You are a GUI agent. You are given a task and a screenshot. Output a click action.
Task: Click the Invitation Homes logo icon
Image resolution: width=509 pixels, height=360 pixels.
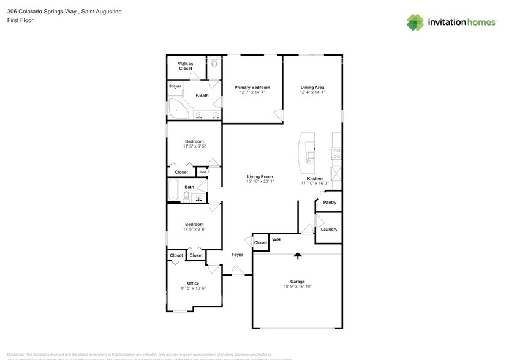tap(415, 22)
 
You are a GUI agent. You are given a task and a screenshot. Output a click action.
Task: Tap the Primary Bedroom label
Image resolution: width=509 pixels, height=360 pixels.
tap(252, 88)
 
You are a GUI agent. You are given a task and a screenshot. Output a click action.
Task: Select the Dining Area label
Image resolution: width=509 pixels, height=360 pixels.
tap(312, 88)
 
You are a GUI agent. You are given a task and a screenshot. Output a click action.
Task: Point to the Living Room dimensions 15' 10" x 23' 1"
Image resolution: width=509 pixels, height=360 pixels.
tap(260, 181)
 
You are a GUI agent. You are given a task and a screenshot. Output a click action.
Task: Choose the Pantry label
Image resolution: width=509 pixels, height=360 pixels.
tap(330, 203)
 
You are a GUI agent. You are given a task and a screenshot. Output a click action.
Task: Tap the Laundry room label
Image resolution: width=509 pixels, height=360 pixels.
tap(329, 230)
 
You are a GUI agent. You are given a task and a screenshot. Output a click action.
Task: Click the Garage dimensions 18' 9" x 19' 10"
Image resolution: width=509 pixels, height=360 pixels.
tap(298, 287)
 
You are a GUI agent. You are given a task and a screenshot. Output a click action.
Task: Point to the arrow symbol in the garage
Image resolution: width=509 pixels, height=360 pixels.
tap(298, 256)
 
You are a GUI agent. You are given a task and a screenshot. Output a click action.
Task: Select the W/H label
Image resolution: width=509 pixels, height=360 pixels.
tap(276, 239)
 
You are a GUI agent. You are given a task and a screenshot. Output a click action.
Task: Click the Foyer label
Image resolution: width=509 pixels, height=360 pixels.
tap(237, 255)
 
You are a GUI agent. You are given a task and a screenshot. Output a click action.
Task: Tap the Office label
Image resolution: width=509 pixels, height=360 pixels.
tap(193, 283)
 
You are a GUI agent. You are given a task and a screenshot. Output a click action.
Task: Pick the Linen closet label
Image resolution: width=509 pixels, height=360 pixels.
tap(202, 172)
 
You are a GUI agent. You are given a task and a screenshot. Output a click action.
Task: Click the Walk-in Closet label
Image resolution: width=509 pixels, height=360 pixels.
tap(186, 66)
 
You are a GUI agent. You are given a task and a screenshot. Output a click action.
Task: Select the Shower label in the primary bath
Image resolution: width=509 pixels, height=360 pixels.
tap(175, 86)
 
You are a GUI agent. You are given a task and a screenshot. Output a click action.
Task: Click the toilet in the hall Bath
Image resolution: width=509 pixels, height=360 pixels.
tap(186, 196)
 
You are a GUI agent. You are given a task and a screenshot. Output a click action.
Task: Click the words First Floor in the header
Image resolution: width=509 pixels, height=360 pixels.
tap(20, 20)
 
